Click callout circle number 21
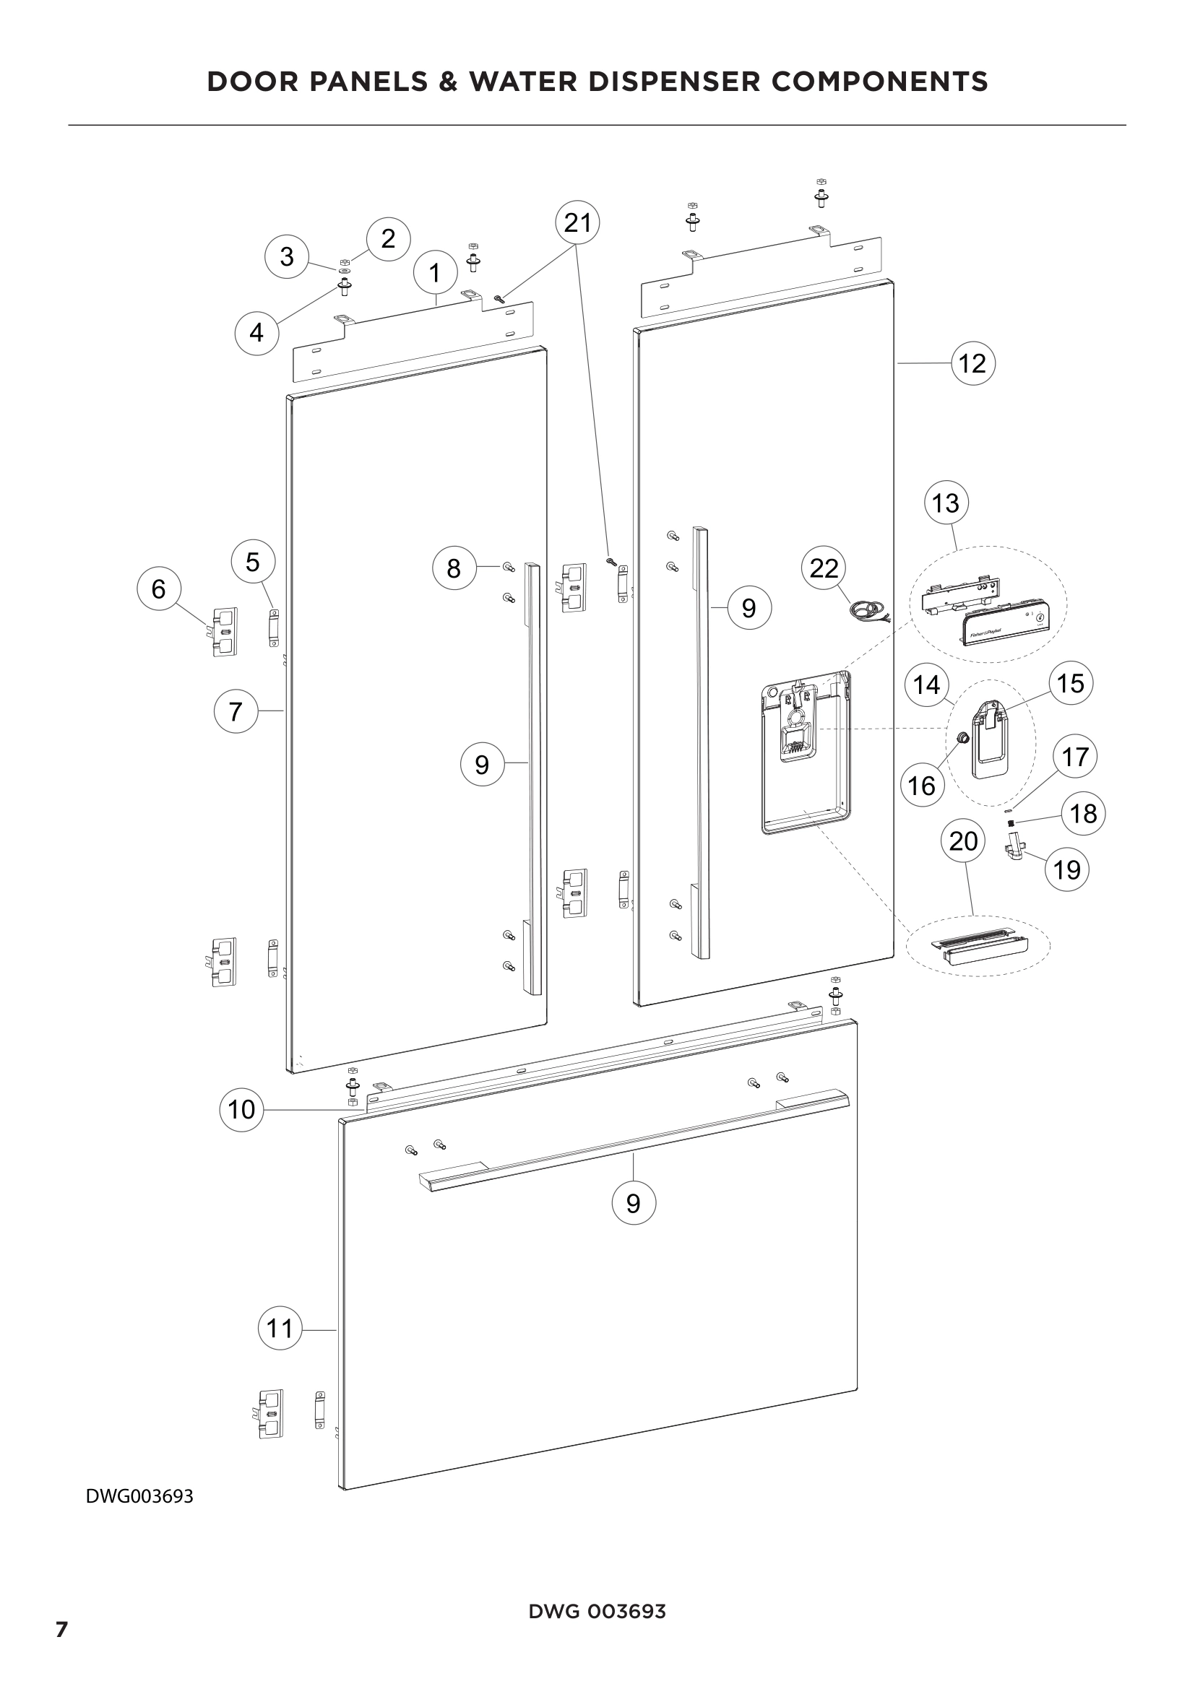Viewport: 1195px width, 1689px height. point(578,222)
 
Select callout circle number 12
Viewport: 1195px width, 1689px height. point(972,363)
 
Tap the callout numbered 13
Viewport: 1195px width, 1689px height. point(946,503)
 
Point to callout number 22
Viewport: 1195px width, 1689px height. point(824,568)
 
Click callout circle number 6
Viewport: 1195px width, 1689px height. point(159,589)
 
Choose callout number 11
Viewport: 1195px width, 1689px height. point(280,1328)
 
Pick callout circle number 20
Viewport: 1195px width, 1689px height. point(963,840)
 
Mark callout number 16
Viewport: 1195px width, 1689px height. point(921,786)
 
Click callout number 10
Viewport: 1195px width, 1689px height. point(241,1108)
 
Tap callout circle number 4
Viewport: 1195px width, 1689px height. point(256,332)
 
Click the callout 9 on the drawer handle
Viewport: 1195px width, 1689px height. point(634,1203)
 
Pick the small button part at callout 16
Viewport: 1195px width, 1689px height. point(960,737)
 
